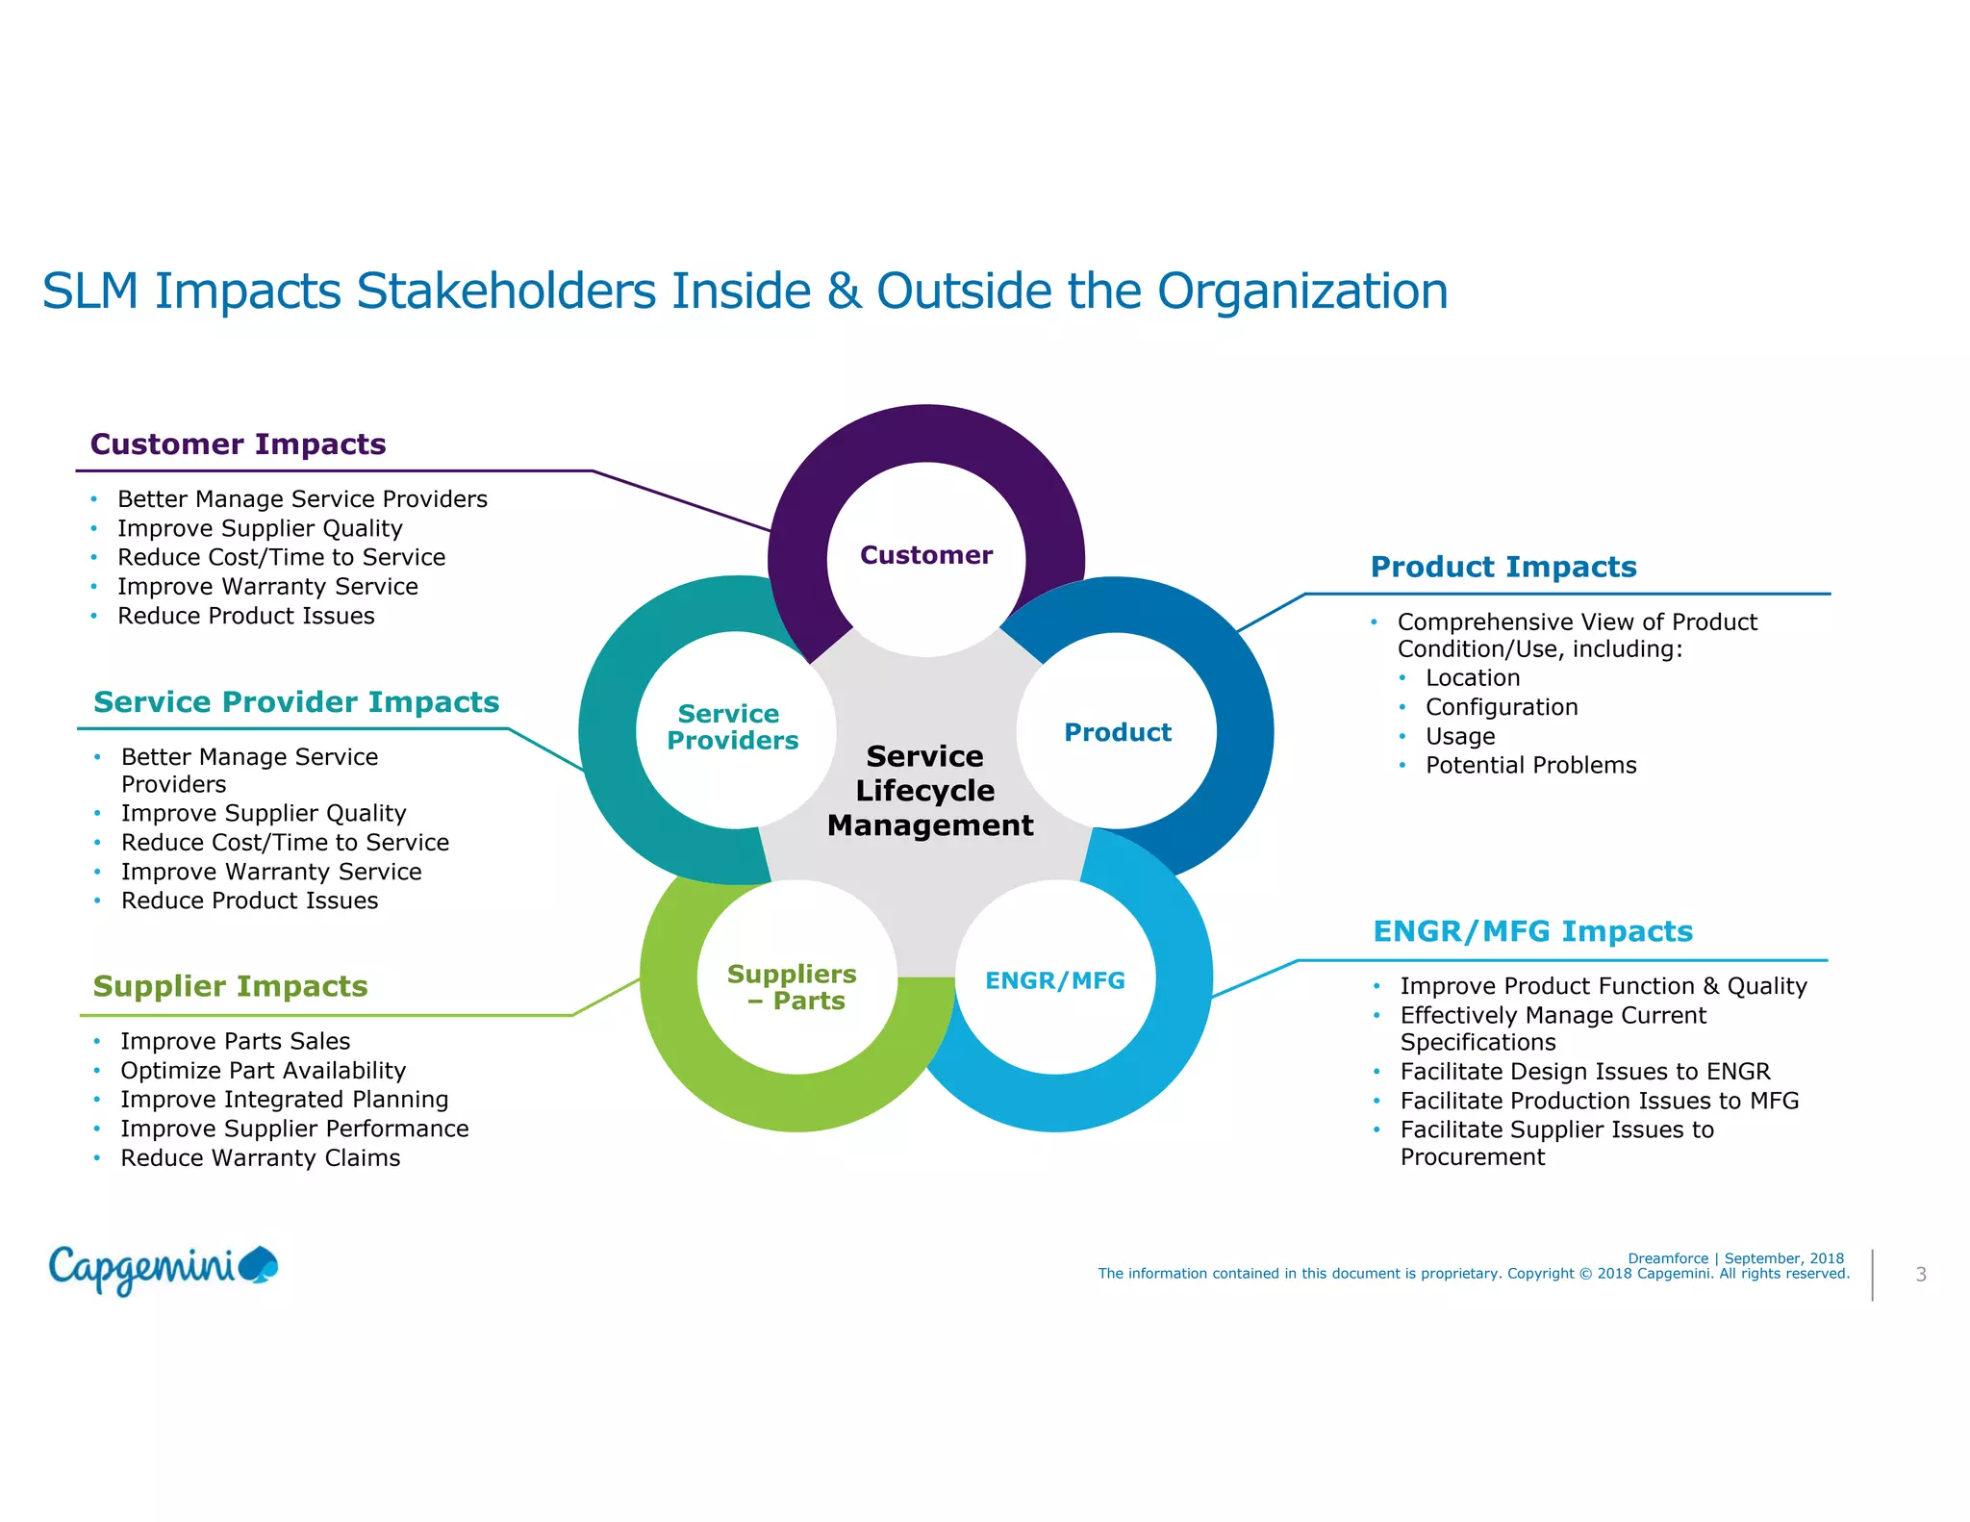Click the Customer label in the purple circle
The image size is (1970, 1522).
point(925,555)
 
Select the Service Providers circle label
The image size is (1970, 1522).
point(732,727)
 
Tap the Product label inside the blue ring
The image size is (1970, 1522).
point(1117,733)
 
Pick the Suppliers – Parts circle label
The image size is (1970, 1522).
point(793,987)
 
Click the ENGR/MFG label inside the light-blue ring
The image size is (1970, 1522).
point(1054,980)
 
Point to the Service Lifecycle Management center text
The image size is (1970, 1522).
point(928,791)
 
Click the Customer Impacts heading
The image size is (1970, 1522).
point(238,444)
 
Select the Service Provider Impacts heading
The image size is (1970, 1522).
point(296,702)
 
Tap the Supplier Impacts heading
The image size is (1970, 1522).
point(230,986)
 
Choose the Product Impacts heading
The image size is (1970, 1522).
point(1503,568)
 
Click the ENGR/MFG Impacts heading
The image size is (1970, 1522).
point(1532,931)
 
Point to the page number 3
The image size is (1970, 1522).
point(1920,1275)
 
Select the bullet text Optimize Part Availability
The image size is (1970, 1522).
point(263,1071)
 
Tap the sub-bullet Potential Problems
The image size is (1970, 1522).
point(1530,766)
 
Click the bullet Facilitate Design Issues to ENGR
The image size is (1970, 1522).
point(1584,1072)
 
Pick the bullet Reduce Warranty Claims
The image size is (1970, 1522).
point(260,1158)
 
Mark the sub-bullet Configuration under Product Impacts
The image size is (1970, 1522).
point(1501,708)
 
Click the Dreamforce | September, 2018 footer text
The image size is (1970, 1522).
point(1735,1258)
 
